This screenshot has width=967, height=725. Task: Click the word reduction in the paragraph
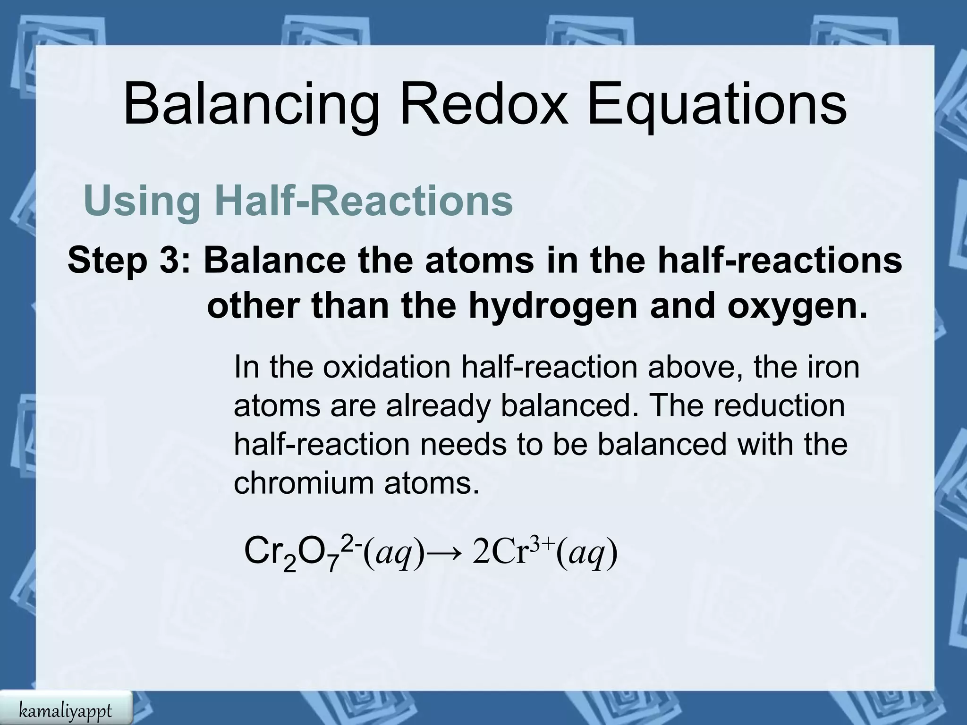[779, 405]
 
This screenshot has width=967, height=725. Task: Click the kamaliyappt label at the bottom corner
[66, 710]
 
